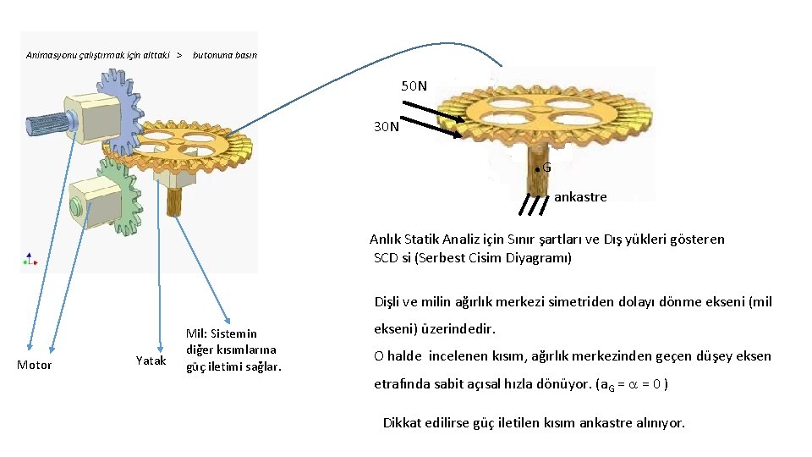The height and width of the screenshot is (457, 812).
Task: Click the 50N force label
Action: (414, 85)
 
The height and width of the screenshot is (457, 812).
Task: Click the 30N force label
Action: (387, 127)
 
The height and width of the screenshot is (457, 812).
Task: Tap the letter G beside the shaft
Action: (546, 168)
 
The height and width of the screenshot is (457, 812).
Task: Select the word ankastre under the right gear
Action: (580, 197)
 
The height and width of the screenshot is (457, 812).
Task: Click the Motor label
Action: (35, 365)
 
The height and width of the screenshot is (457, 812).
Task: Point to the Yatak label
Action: (151, 361)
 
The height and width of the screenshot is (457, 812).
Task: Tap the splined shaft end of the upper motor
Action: (47, 124)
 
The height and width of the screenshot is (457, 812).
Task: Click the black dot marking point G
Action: (537, 169)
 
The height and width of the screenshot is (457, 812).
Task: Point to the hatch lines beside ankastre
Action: (534, 204)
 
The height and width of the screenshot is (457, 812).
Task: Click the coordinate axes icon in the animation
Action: (30, 258)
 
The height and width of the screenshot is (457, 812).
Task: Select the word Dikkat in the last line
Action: (403, 422)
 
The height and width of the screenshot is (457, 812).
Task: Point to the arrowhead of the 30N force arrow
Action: (461, 135)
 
